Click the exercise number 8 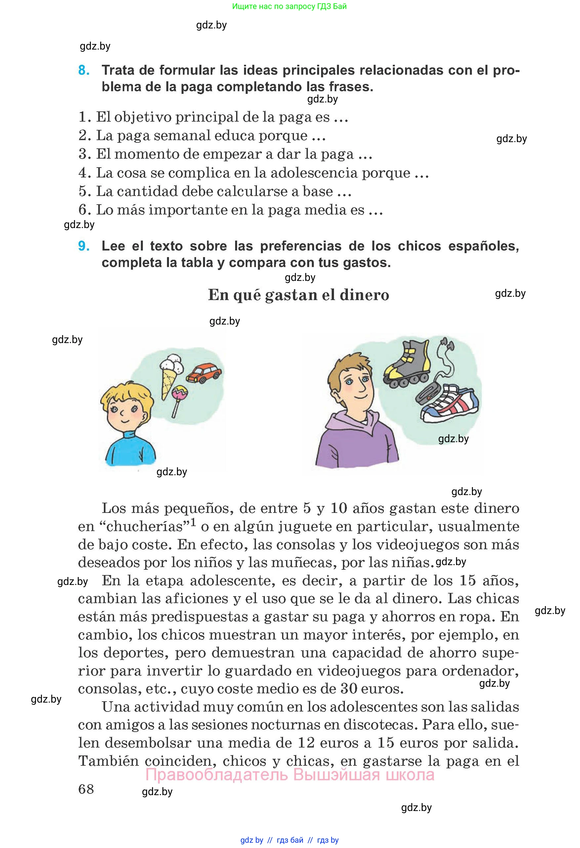(84, 70)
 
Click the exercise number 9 (84, 246)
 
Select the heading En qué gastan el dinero (299, 295)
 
